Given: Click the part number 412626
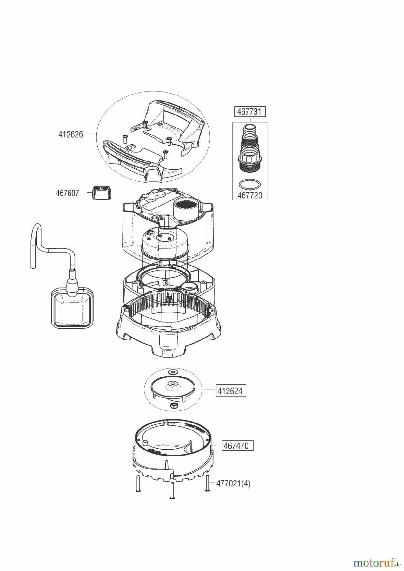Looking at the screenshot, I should tap(70, 135).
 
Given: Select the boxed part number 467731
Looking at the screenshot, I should tap(250, 112).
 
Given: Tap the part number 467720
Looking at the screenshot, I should tap(250, 195).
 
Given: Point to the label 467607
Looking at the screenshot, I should tap(67, 193).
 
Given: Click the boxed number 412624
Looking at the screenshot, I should tap(231, 391).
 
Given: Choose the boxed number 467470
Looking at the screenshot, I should tap(236, 446).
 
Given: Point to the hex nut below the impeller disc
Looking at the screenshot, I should tap(173, 405).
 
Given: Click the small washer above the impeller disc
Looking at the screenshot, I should tap(173, 372).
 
